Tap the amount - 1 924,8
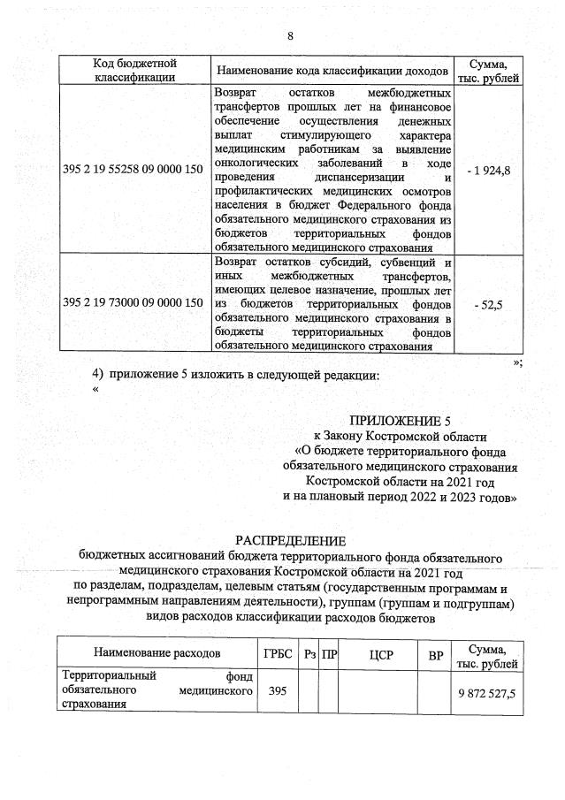click(x=488, y=170)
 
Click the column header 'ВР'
click(x=435, y=653)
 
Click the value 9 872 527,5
click(x=486, y=691)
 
